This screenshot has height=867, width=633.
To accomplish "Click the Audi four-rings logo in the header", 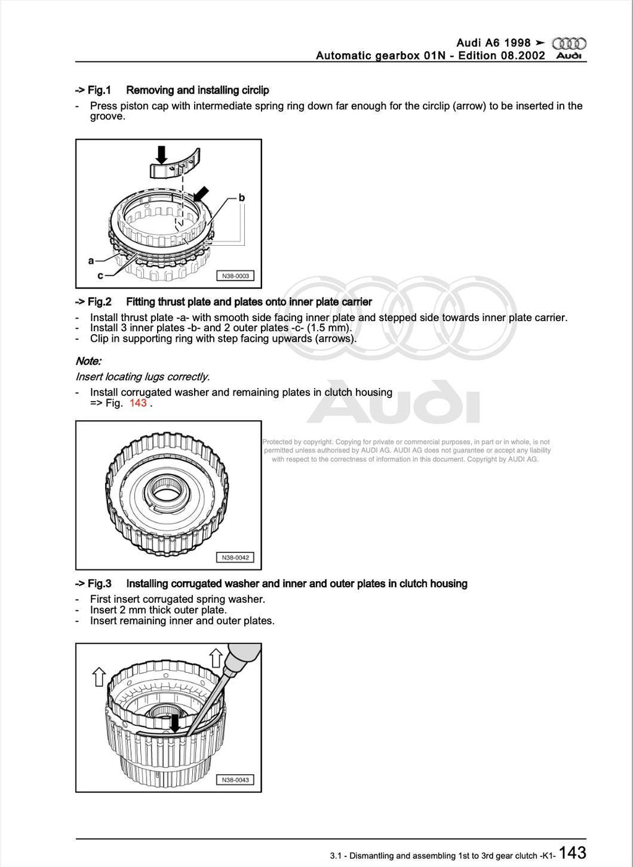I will pos(569,43).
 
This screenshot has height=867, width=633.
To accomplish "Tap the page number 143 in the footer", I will pos(572,853).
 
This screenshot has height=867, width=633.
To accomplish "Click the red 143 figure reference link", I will pos(138,403).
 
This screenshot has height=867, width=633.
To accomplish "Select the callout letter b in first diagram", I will pos(242,198).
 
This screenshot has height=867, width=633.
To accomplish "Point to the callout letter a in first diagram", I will pos(91,261).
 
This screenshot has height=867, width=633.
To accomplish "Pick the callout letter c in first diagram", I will pos(100,275).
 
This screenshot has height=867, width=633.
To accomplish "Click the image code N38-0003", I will pos(235,276).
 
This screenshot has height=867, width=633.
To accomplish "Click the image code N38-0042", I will pos(235,558).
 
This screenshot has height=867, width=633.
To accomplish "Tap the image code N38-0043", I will pos(235,780).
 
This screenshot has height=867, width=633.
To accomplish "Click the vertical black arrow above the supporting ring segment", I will pos(162,155).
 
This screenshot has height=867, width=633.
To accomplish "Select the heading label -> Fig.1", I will pos(93,90).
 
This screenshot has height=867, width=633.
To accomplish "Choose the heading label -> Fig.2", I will pos(93,302).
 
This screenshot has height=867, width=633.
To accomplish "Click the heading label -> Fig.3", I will pos(93,584).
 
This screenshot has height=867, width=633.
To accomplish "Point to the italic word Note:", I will pos(88,361).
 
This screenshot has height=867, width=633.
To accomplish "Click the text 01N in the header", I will pos(434,56).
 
